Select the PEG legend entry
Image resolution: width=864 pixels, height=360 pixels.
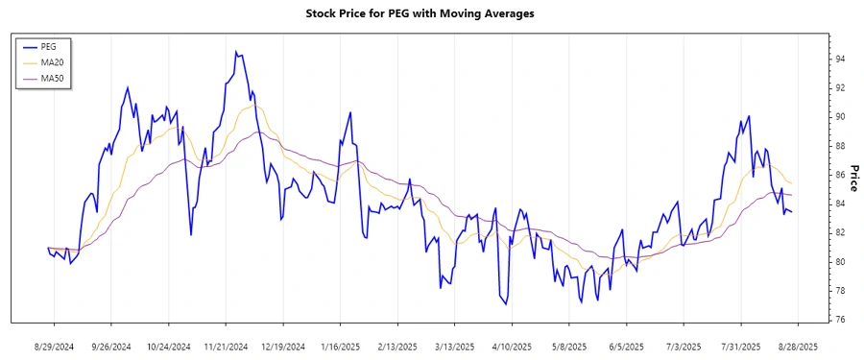[49, 46]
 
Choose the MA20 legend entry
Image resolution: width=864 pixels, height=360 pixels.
[53, 62]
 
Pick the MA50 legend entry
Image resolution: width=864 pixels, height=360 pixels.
[53, 78]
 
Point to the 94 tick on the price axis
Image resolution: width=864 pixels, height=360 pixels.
[840, 59]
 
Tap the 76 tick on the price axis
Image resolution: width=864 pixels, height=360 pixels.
[840, 320]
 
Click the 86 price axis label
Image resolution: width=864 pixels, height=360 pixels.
[840, 175]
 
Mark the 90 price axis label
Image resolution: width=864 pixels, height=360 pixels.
[840, 117]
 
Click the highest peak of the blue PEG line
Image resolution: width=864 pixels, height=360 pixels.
[235, 52]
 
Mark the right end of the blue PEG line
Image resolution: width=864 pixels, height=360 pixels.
[792, 212]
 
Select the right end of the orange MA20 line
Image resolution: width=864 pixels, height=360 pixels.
[792, 183]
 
